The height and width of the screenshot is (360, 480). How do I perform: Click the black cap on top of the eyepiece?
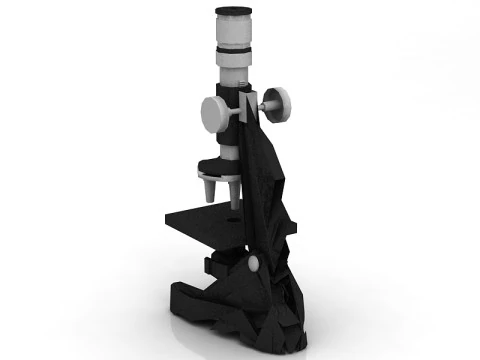click(233, 13)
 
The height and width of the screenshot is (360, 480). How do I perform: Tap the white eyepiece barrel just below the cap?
click(233, 31)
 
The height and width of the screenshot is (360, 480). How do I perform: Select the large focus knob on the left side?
click(214, 112)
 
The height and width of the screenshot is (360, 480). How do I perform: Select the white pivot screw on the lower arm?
click(253, 263)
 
